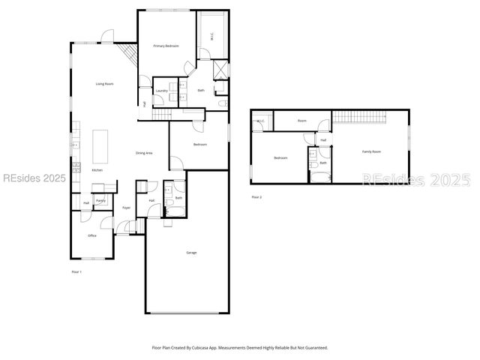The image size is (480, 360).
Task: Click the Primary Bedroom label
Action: (x=166, y=46)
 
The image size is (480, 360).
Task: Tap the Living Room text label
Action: (x=104, y=84)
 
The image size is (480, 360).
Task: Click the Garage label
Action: (x=191, y=253)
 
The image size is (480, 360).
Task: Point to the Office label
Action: (x=92, y=235)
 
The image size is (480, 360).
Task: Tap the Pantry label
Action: (x=100, y=201)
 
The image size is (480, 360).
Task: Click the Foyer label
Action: (x=126, y=208)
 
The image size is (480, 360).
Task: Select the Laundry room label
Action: (x=161, y=91)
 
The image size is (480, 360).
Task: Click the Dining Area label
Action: (x=144, y=153)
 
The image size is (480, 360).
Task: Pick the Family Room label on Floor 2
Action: (x=371, y=151)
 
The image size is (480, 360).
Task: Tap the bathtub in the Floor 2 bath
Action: (x=320, y=176)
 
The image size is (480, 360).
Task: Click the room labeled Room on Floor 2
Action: (x=301, y=121)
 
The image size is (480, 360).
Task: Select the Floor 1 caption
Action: (x=76, y=271)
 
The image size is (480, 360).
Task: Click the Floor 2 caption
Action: (x=256, y=197)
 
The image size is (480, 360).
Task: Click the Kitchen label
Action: (x=97, y=171)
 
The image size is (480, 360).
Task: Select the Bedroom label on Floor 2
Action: (x=280, y=158)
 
